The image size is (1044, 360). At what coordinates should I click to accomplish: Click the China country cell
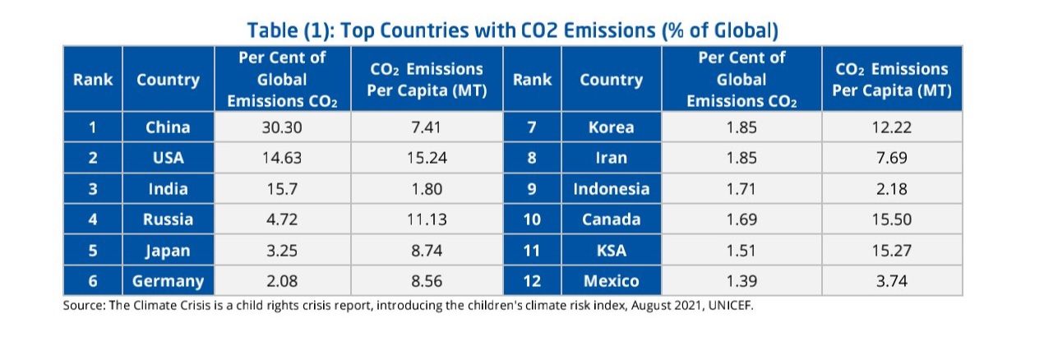(168, 127)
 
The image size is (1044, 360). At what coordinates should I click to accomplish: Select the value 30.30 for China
(282, 127)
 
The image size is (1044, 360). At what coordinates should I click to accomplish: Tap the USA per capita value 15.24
(426, 158)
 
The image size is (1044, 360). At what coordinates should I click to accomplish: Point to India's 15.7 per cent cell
(282, 189)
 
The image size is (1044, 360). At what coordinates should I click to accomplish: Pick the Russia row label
(168, 219)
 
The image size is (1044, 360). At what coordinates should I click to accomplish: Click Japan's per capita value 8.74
(426, 251)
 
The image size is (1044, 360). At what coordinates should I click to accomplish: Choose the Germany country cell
(168, 281)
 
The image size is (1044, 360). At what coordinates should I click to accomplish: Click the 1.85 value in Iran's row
(741, 158)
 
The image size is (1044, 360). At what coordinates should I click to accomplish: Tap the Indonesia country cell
(611, 189)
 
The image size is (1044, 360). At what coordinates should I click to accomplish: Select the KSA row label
(611, 251)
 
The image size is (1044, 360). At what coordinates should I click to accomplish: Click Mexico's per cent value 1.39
(741, 281)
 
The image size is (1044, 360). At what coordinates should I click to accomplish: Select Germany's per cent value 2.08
(282, 281)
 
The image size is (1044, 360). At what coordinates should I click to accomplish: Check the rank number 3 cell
(93, 189)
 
